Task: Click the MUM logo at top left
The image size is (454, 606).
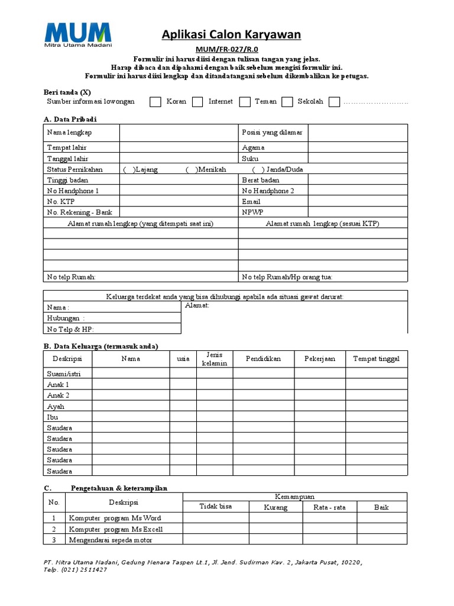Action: [x=77, y=35]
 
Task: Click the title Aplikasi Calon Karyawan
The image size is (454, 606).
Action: [x=231, y=36]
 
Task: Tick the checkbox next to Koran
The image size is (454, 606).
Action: [x=155, y=102]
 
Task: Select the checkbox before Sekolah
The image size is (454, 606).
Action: [x=287, y=102]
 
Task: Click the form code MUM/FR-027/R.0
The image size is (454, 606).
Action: [x=231, y=50]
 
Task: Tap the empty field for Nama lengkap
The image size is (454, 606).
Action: [x=179, y=133]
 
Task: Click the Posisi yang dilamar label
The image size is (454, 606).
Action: [x=272, y=133]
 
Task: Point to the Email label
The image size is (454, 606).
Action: [x=251, y=202]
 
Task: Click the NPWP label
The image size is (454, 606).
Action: [x=252, y=212]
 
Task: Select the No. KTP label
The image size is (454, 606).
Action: [x=60, y=202]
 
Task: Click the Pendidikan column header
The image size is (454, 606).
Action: [x=263, y=359]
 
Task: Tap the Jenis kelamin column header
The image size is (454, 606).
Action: [x=215, y=359]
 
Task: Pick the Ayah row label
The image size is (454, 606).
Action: [x=56, y=407]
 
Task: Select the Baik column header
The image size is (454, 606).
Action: [x=381, y=507]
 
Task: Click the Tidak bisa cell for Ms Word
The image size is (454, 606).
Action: [x=215, y=518]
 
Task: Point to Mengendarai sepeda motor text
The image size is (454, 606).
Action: [x=111, y=540]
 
